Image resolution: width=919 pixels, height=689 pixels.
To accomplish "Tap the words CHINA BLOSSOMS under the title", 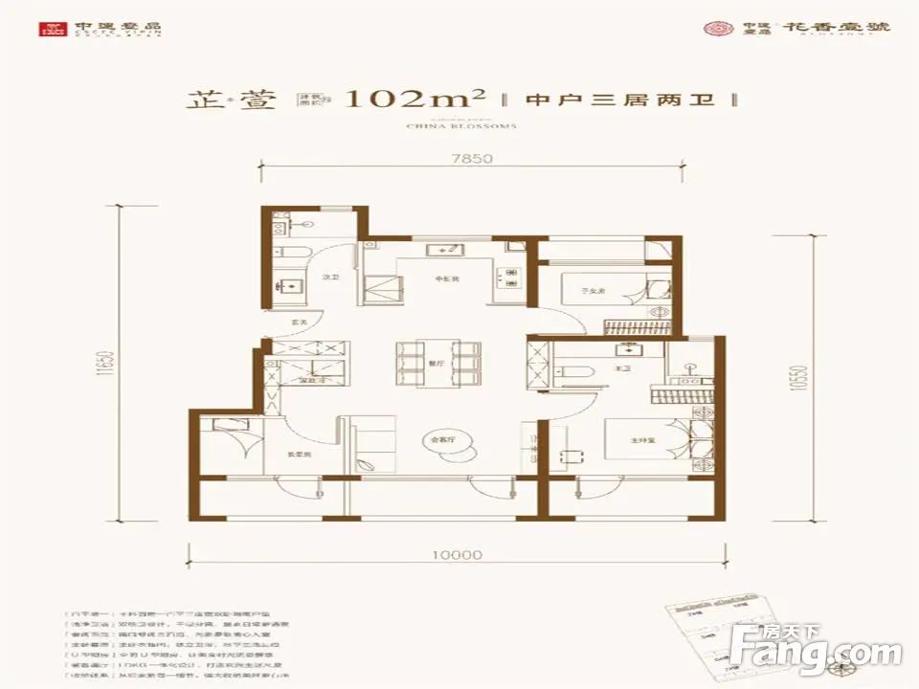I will (x=461, y=125).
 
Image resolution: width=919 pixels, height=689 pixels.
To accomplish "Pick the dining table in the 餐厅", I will (x=437, y=363).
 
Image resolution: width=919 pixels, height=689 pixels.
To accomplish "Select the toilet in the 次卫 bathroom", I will (x=296, y=251).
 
